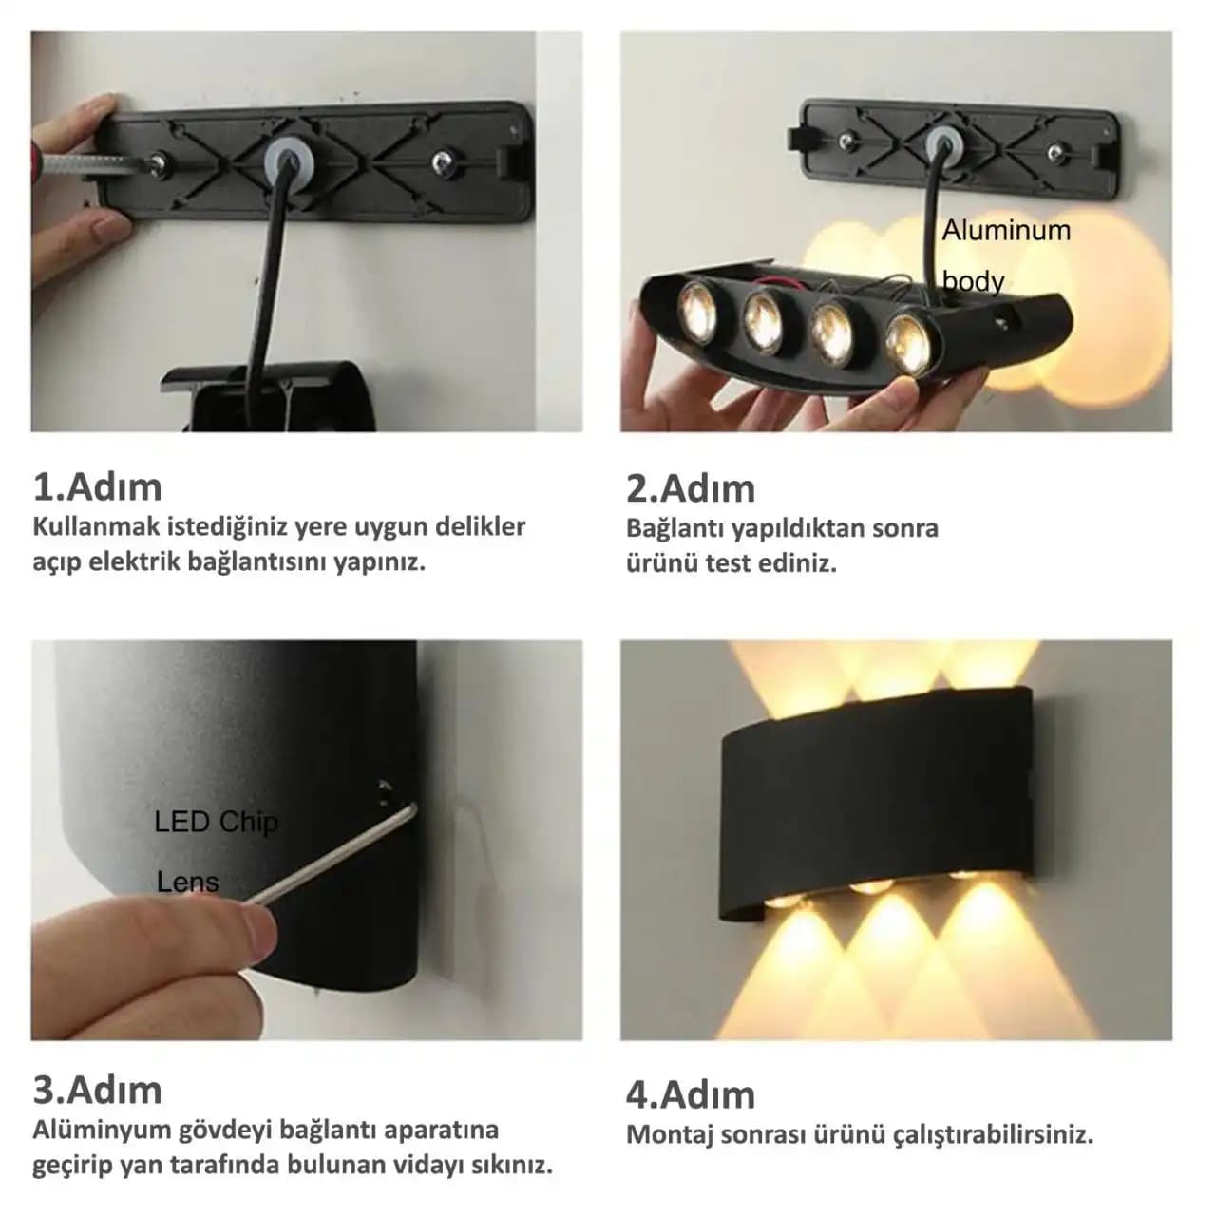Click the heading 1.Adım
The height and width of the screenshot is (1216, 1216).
(97, 487)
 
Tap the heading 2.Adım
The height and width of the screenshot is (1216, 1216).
(691, 489)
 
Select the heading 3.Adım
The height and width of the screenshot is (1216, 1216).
(97, 1091)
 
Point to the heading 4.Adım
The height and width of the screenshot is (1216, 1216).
(691, 1095)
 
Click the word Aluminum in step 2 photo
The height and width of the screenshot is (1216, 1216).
(1006, 230)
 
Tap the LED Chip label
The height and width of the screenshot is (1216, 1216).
(216, 822)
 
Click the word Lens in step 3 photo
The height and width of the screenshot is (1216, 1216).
(187, 882)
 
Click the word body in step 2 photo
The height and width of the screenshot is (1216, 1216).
(973, 281)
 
